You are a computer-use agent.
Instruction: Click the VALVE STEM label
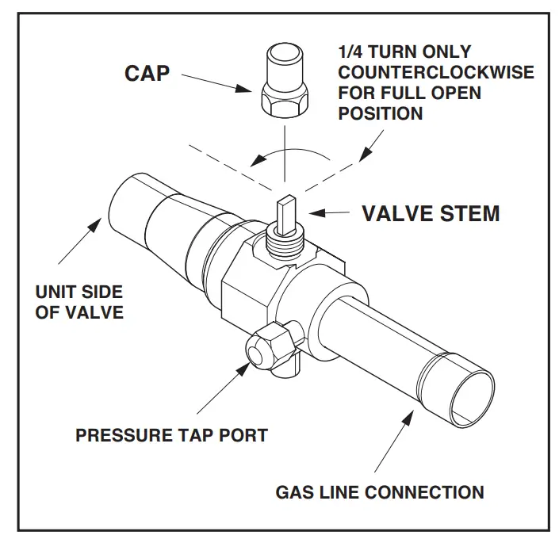click(x=431, y=213)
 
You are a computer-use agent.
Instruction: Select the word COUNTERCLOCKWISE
click(x=436, y=74)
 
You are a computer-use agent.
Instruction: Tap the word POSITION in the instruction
click(x=381, y=114)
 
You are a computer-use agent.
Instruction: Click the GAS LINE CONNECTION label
click(x=379, y=492)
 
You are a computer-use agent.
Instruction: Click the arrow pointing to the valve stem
click(x=331, y=213)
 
